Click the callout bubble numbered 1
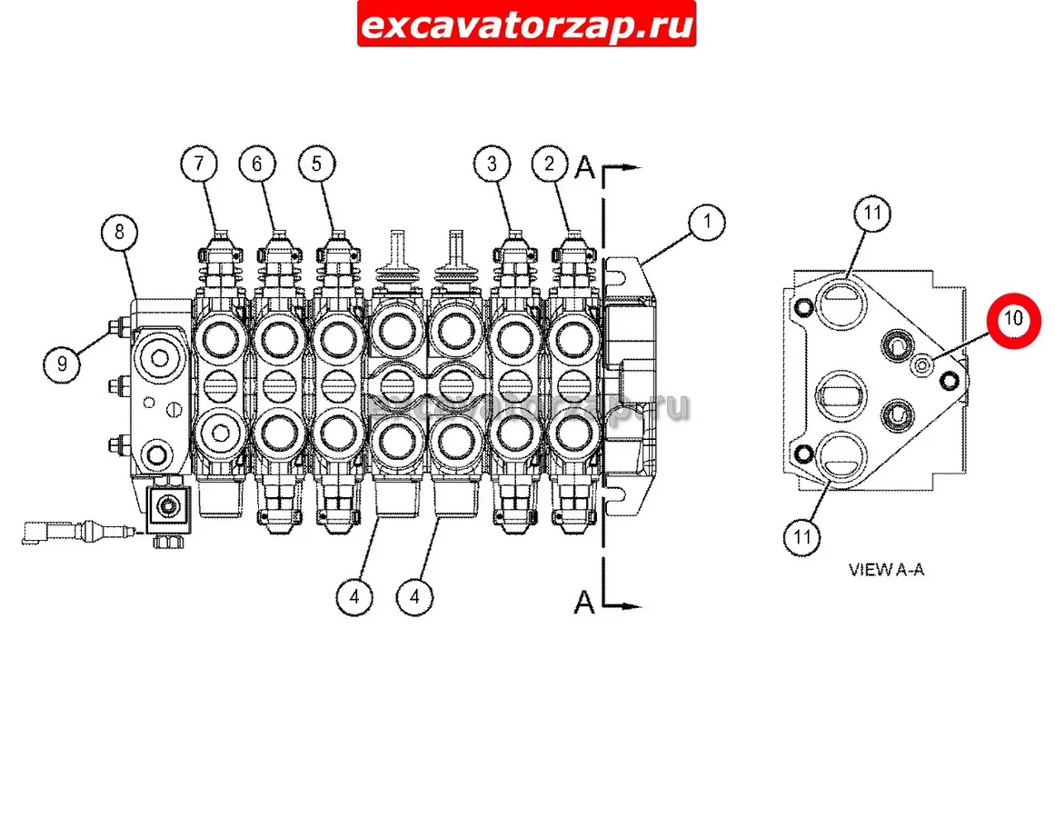pyautogui.click(x=706, y=222)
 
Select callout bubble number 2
pyautogui.click(x=550, y=164)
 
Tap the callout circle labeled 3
pyautogui.click(x=492, y=164)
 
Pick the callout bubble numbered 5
pyautogui.click(x=317, y=164)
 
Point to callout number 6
pyautogui.click(x=258, y=164)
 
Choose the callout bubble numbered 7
pyautogui.click(x=199, y=164)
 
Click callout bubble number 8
pyautogui.click(x=120, y=232)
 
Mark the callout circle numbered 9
pyautogui.click(x=62, y=364)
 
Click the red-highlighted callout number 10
pyautogui.click(x=1014, y=320)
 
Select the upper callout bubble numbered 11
pyautogui.click(x=872, y=214)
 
